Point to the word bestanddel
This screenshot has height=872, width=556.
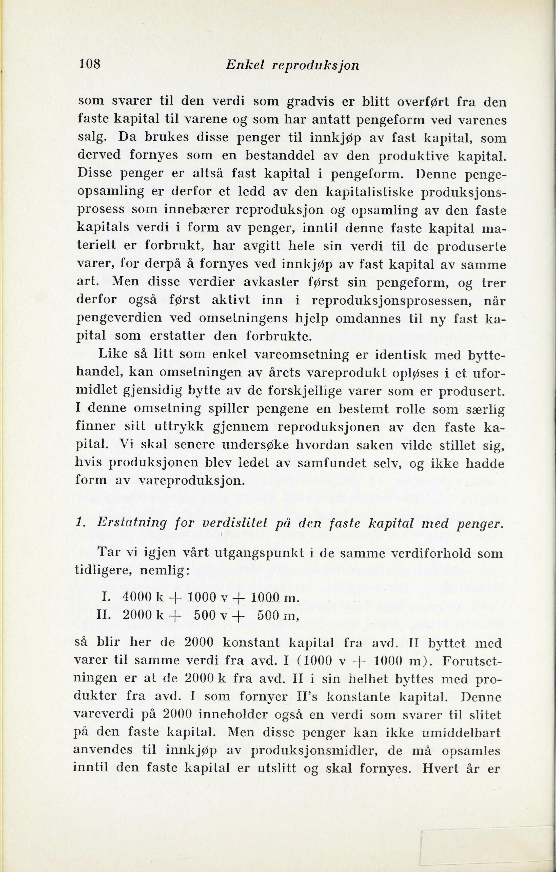click(256, 156)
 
